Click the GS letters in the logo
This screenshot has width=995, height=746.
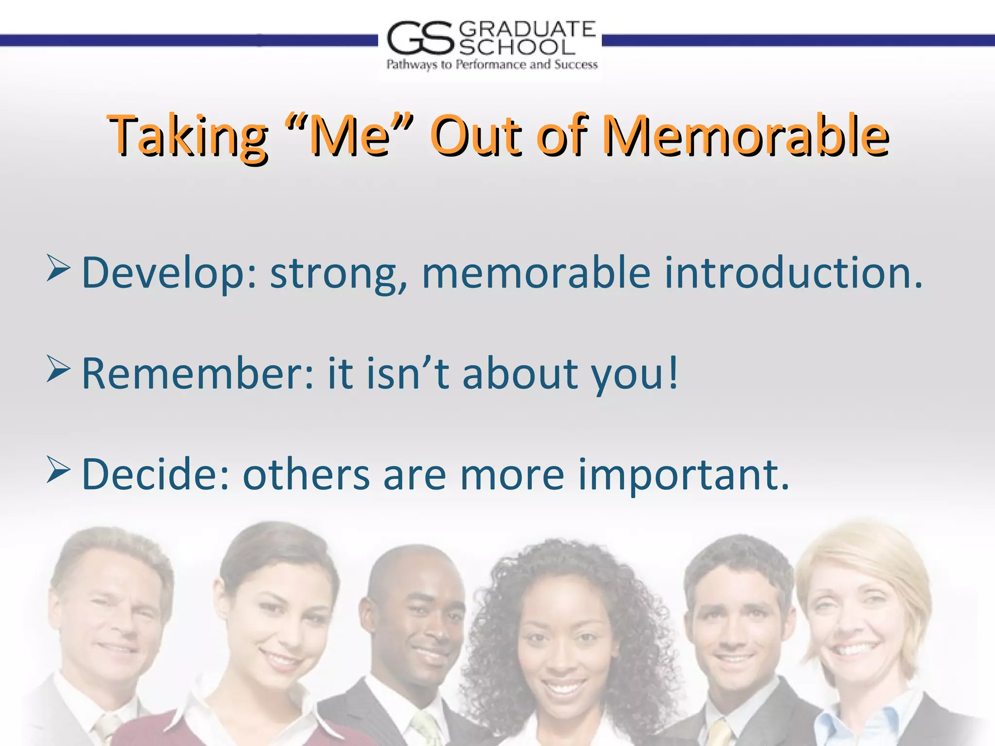click(x=421, y=38)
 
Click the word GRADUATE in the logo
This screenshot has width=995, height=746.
click(x=527, y=30)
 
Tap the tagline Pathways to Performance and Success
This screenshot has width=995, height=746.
click(x=492, y=65)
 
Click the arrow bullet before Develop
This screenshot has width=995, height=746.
click(x=58, y=269)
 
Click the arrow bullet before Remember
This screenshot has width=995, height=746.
click(x=58, y=369)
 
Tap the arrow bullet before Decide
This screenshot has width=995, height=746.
click(x=58, y=470)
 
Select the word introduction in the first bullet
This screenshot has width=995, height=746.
click(x=793, y=273)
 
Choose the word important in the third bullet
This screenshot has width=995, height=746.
click(x=683, y=475)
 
